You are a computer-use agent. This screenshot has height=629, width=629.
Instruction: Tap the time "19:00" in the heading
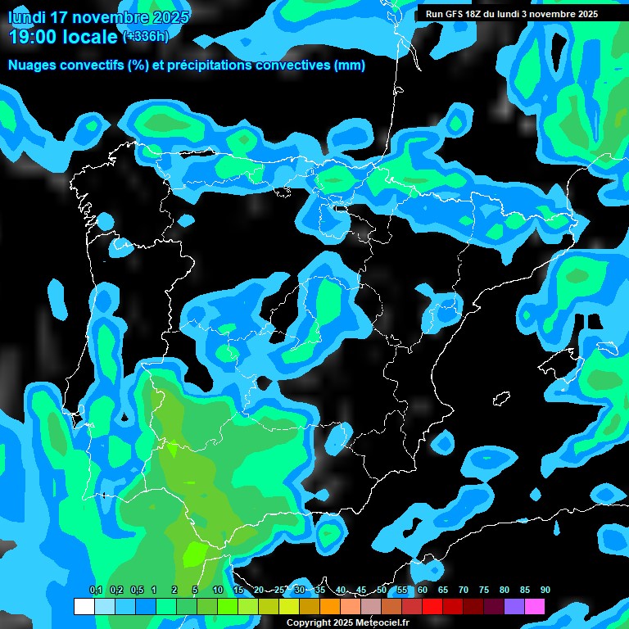36,37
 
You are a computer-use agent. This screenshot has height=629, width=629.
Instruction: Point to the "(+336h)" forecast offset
146,36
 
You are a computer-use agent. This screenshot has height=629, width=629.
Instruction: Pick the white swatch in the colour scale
84,606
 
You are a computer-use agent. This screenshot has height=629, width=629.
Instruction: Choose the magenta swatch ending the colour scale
534,606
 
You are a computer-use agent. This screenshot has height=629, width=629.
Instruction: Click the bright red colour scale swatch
432,606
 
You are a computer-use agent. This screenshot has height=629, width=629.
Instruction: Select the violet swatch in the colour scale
514,606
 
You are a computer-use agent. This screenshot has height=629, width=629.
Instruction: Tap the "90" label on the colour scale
545,590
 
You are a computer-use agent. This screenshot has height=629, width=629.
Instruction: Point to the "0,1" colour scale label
96,590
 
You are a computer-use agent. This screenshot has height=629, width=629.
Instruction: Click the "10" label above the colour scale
218,590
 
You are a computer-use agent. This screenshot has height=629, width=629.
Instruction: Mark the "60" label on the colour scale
422,590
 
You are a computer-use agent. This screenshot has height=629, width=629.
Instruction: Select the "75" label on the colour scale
483,590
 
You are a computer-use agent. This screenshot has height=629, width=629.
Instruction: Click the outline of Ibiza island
501,399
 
